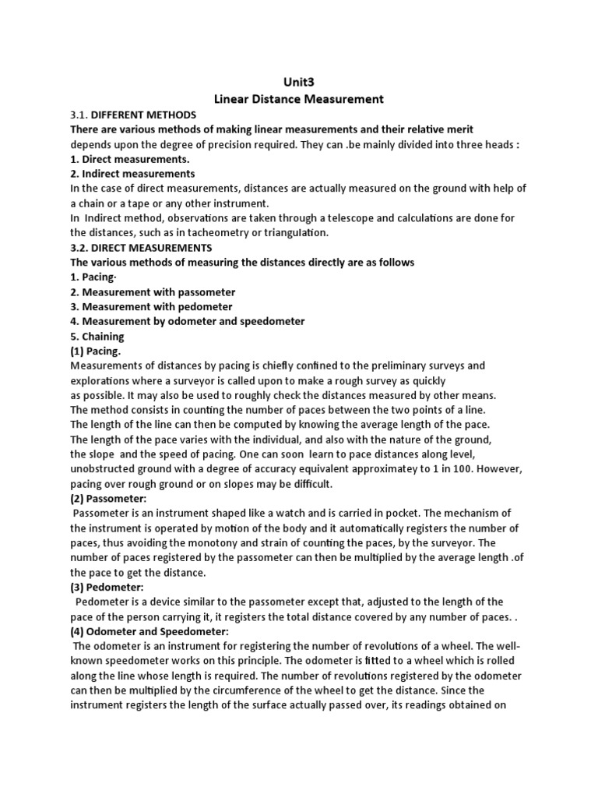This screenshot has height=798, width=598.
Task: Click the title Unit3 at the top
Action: [298, 83]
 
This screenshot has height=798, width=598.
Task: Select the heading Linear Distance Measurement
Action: [298, 99]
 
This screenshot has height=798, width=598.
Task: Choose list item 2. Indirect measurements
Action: [132, 173]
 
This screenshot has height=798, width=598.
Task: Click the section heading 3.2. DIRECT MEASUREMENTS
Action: [140, 247]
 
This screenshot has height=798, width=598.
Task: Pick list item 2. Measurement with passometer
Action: [153, 291]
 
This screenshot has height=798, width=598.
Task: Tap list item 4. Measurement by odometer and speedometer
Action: [187, 321]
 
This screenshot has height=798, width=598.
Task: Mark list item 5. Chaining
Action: [97, 336]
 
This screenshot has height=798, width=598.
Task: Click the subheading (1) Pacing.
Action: [96, 351]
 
